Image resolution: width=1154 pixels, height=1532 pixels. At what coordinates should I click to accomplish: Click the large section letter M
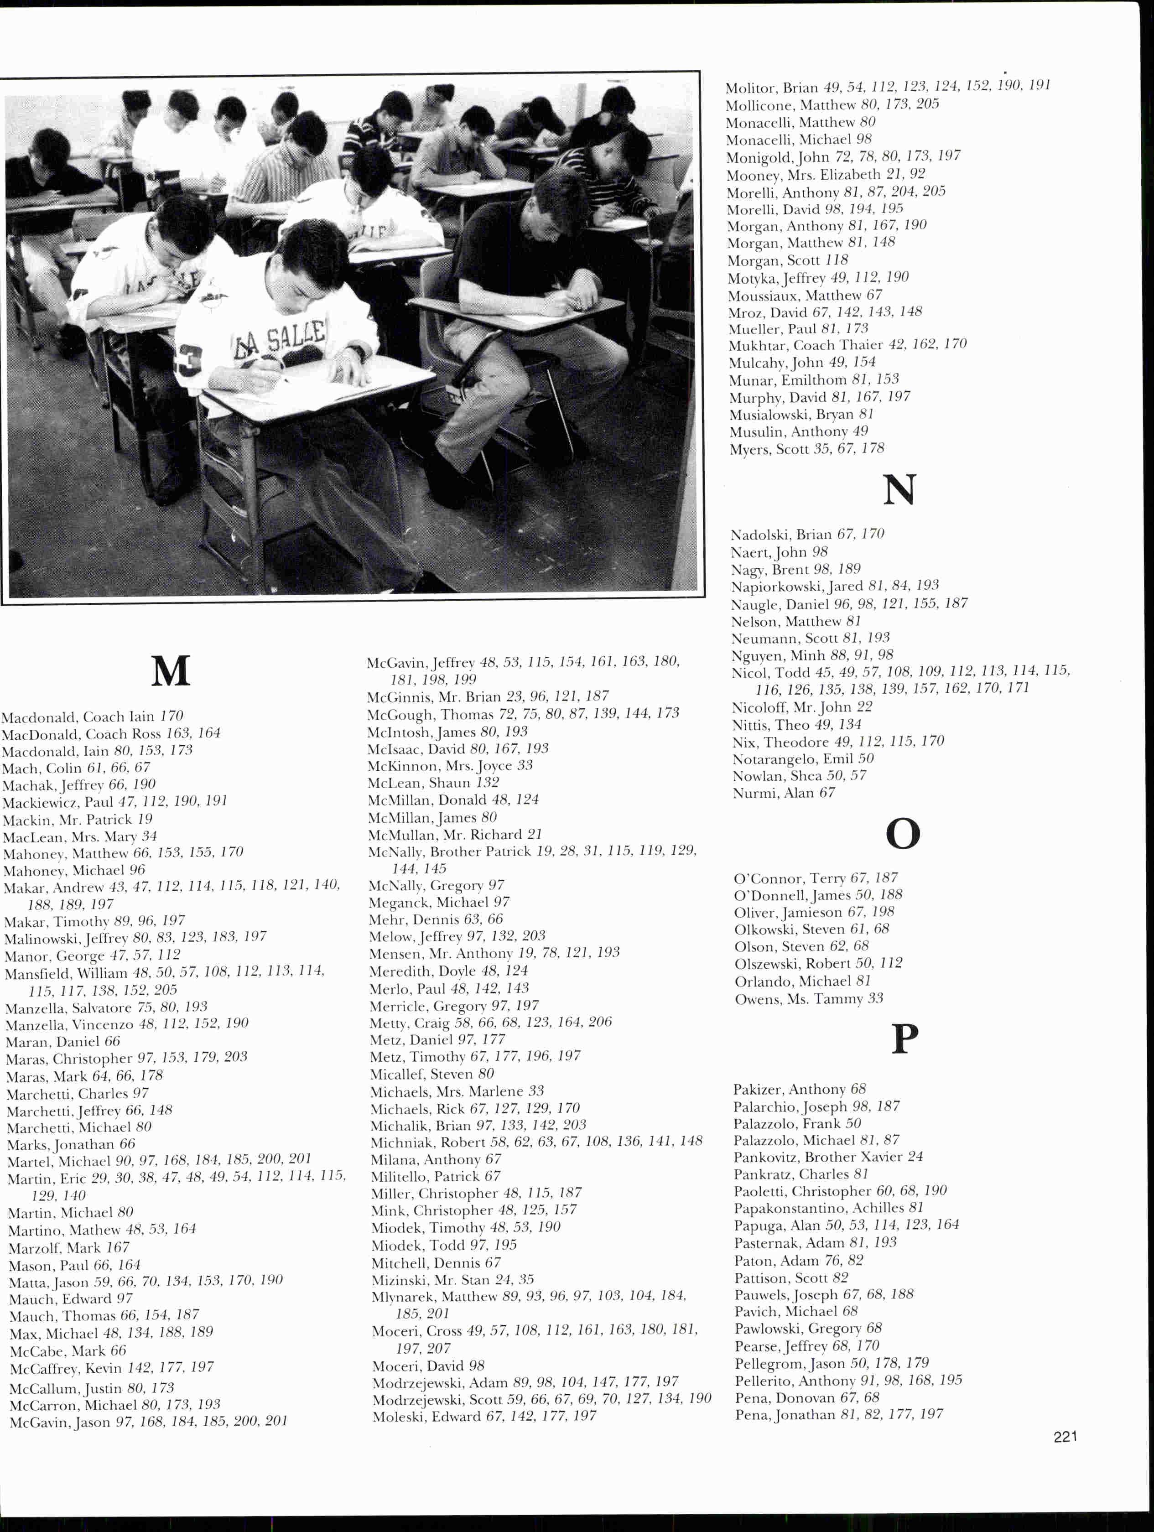click(x=171, y=670)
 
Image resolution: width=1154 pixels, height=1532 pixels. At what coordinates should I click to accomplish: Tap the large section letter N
click(x=899, y=490)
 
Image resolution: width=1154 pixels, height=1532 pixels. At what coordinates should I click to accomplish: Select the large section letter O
click(x=903, y=833)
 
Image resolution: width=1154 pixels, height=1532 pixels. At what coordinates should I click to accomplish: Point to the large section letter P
click(x=904, y=1039)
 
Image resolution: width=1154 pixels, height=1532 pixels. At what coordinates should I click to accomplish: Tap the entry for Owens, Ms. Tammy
click(x=808, y=999)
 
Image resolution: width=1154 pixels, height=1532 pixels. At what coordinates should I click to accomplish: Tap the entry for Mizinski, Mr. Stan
click(x=452, y=1279)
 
